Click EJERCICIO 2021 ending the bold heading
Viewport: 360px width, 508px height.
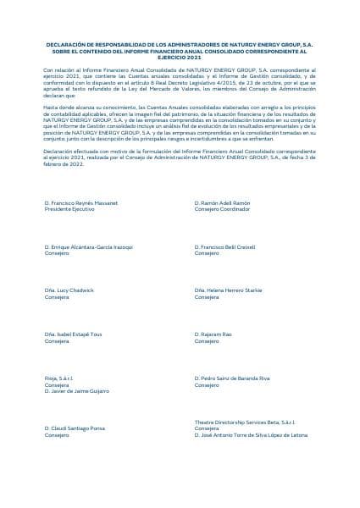pos(180,56)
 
